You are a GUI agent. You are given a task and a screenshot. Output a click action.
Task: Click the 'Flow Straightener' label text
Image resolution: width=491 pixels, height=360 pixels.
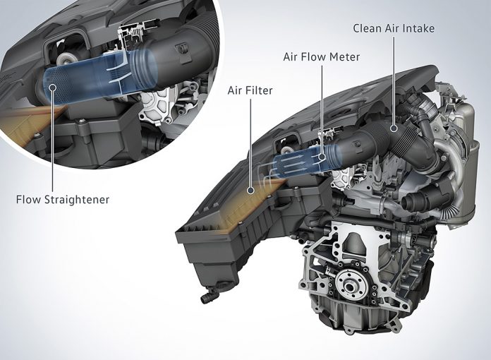coord(63,200)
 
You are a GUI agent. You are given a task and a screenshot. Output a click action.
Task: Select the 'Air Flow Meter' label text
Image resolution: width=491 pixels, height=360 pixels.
coord(322,57)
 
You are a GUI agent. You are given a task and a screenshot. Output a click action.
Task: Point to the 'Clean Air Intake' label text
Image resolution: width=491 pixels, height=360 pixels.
coord(394,29)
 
